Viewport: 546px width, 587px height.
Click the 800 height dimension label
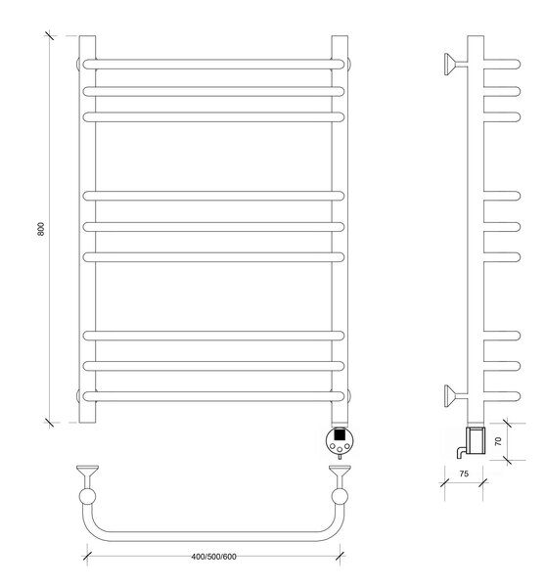(41, 229)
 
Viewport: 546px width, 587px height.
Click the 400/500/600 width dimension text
(214, 557)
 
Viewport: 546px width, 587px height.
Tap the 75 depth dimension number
(464, 474)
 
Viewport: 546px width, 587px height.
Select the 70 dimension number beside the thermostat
(498, 441)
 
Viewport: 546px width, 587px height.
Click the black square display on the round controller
(340, 434)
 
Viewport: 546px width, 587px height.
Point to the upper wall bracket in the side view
(455, 64)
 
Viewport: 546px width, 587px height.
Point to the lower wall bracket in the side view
(455, 396)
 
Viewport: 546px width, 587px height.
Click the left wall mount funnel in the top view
(87, 474)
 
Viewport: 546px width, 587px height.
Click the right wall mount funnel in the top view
(340, 474)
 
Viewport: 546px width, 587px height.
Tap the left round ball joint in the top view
(87, 497)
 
